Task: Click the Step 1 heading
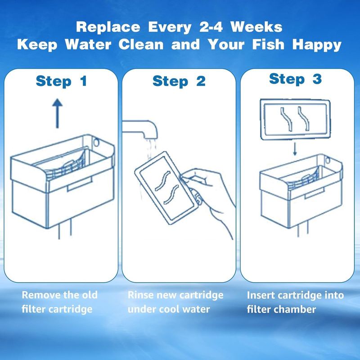[61, 81]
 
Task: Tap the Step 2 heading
[179, 81]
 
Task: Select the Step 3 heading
[296, 79]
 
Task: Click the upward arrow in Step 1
[58, 113]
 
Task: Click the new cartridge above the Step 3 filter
[296, 119]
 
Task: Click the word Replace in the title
[108, 27]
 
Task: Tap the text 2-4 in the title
[211, 27]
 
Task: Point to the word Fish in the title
[268, 44]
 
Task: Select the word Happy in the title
[317, 45]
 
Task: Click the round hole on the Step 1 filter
[96, 142]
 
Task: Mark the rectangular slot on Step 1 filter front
[80, 184]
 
